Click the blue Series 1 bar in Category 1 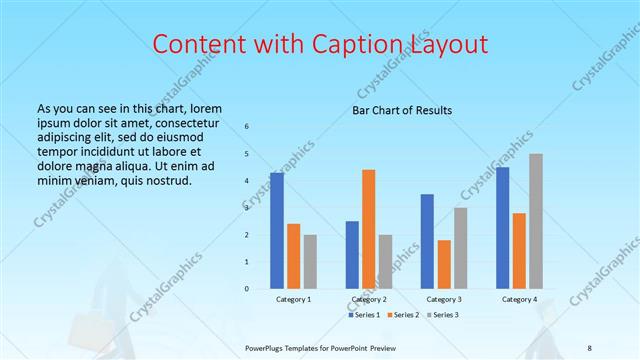(276, 230)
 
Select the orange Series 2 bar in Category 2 (368, 229)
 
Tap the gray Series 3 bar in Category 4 (536, 221)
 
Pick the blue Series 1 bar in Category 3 (427, 241)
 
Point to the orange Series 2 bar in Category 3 (443, 264)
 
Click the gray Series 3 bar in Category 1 (310, 261)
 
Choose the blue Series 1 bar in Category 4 (502, 227)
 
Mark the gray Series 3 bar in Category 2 (385, 261)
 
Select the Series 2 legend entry (403, 315)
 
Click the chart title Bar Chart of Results (402, 110)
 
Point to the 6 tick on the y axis (247, 126)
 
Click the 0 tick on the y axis (247, 289)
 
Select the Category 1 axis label (293, 299)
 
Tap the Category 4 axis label (519, 299)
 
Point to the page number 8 (589, 348)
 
